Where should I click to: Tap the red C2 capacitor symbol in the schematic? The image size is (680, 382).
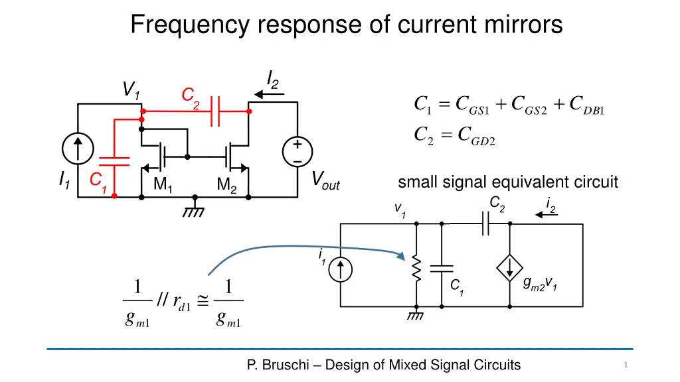coord(214,111)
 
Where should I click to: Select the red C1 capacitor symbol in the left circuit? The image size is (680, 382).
coord(114,160)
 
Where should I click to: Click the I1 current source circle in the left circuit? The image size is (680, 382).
coord(78,148)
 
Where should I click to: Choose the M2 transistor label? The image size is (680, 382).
coord(226,186)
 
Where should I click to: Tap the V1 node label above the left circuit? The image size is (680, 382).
coord(131,90)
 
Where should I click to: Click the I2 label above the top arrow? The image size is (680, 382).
coord(272,79)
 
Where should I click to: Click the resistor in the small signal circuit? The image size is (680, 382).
coord(416,268)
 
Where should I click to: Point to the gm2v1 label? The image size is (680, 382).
coord(540,285)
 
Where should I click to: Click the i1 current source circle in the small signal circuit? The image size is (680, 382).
coord(341,269)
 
